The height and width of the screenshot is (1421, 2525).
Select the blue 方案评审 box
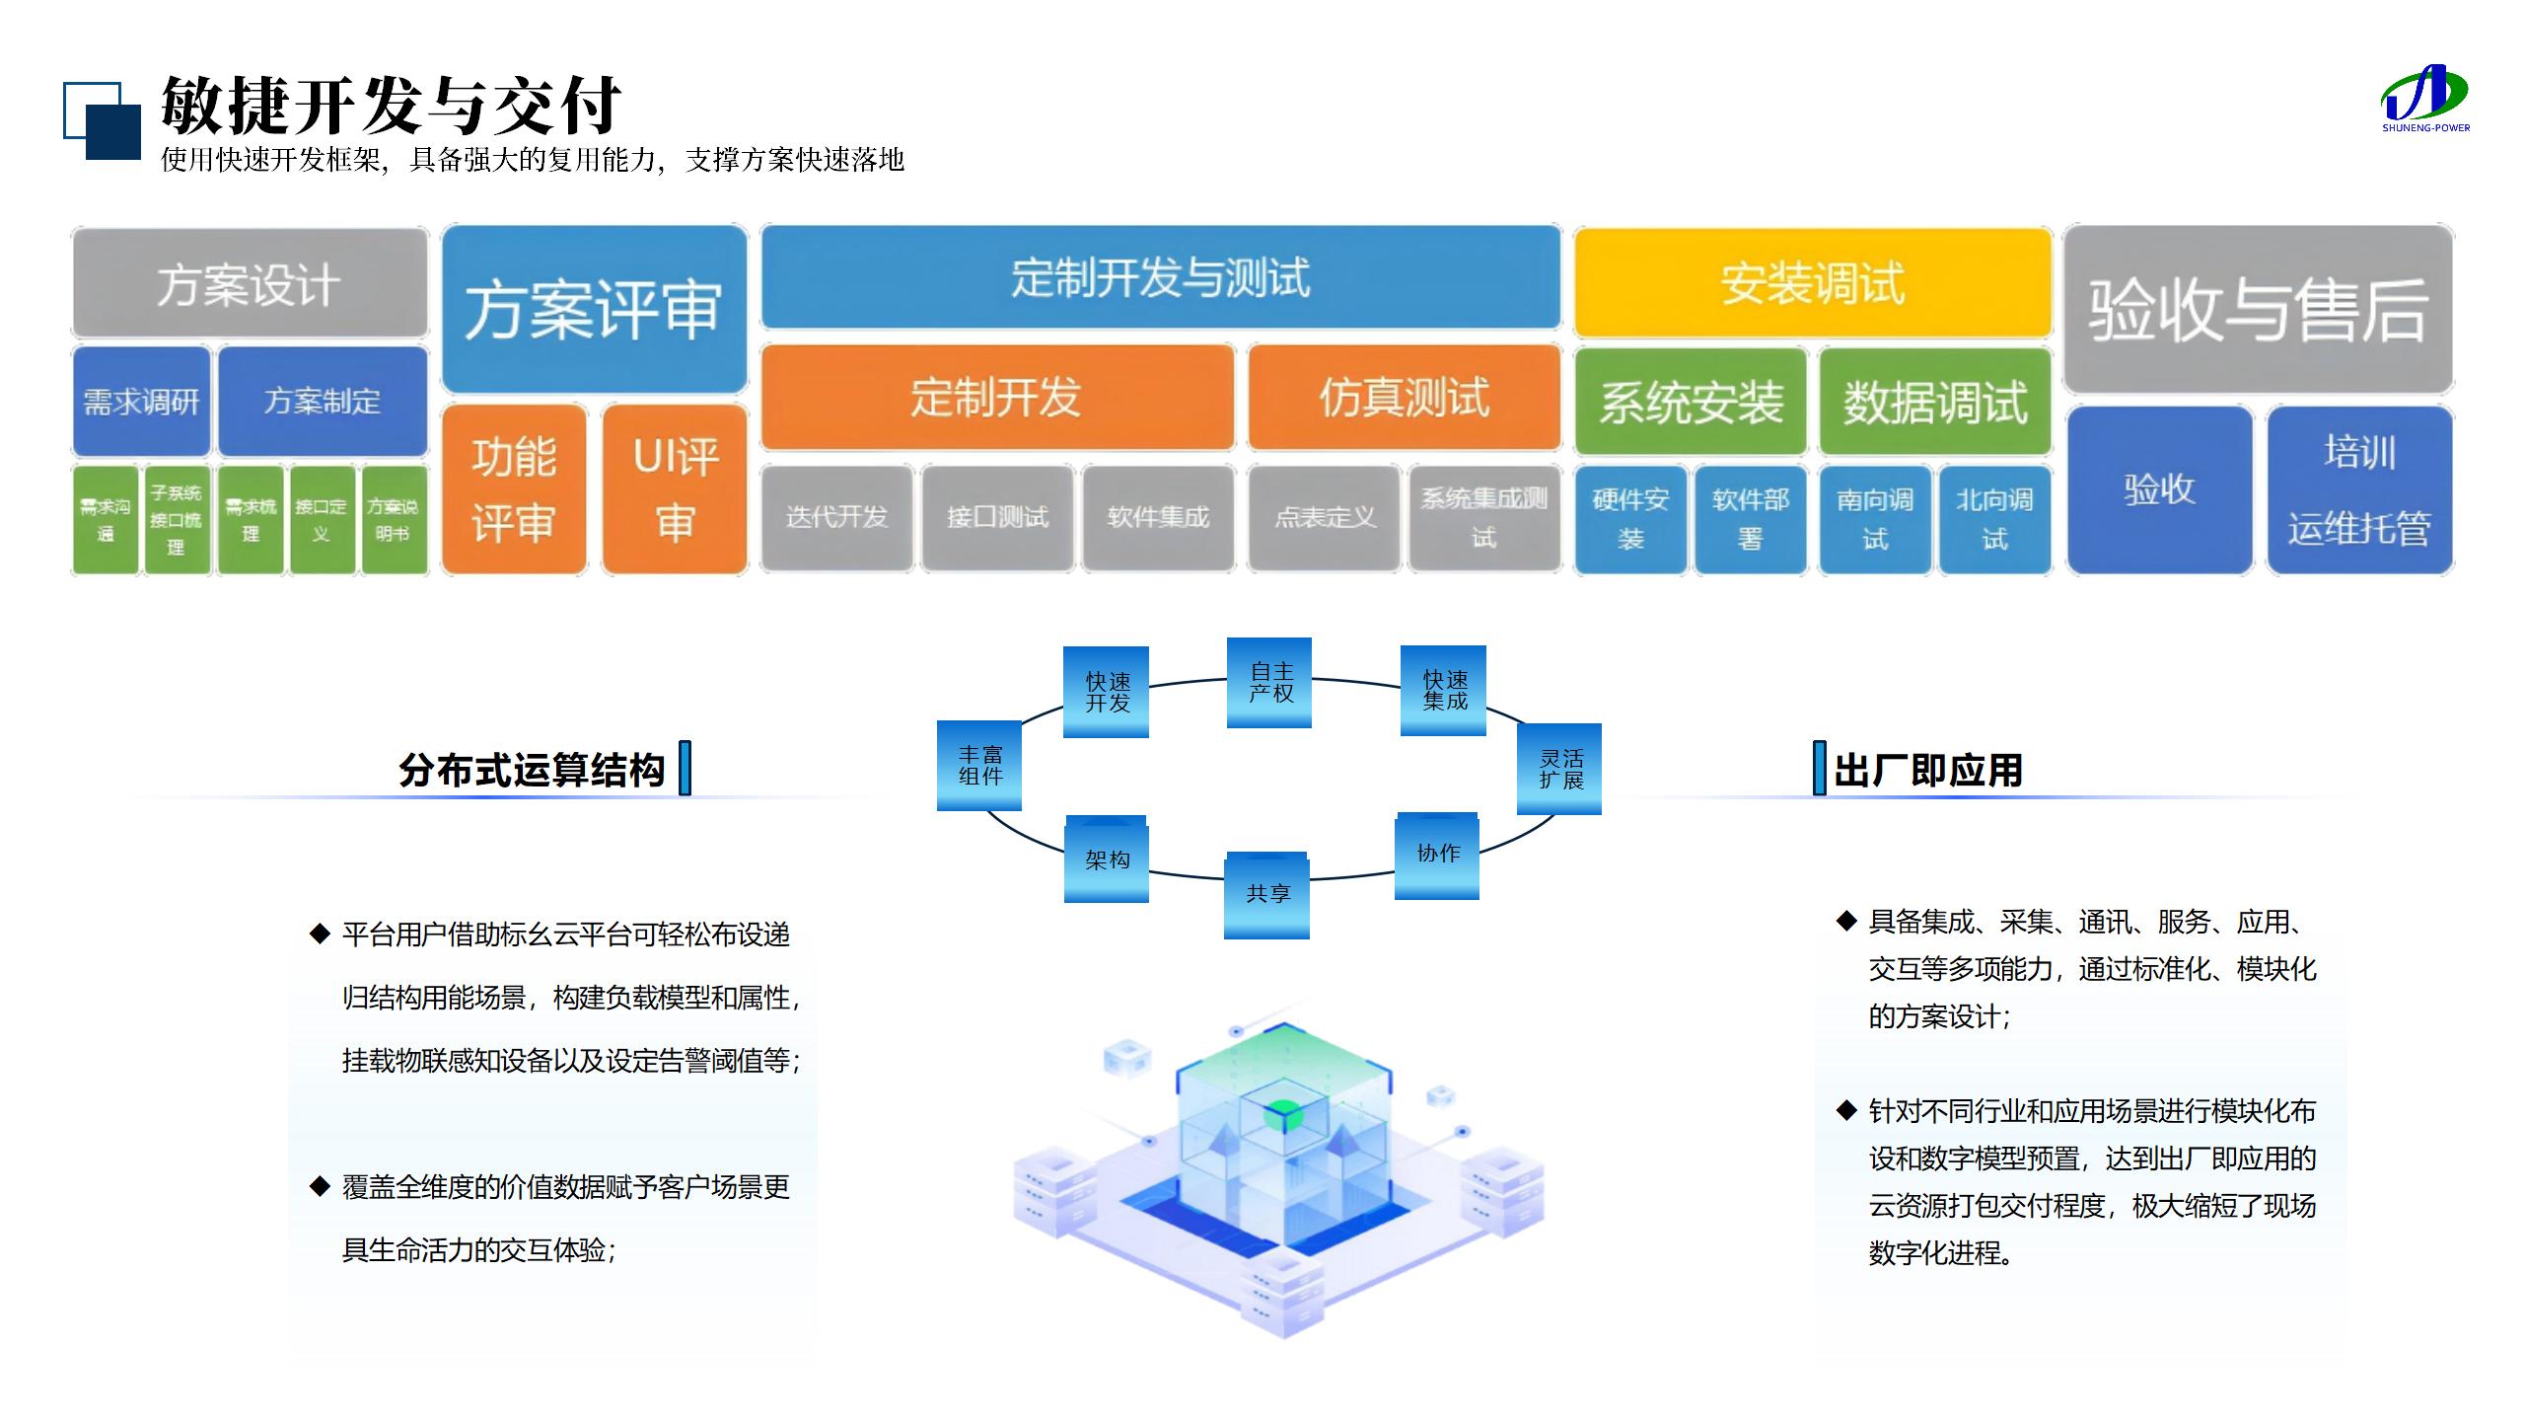point(594,309)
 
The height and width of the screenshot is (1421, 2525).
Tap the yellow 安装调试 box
point(1812,283)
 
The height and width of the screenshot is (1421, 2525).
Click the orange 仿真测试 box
point(1404,398)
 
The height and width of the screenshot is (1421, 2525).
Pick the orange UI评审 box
point(675,489)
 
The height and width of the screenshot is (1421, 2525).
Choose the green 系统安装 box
point(1691,402)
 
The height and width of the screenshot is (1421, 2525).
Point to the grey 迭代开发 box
point(836,517)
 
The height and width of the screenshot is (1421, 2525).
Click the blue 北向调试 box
point(1994,519)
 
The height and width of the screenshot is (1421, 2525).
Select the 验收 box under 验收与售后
point(2159,489)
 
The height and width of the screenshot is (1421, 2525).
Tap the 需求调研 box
point(141,401)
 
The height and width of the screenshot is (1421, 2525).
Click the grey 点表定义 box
point(1324,517)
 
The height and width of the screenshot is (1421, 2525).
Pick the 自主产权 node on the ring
point(1269,683)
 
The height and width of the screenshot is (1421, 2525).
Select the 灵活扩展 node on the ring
point(1559,769)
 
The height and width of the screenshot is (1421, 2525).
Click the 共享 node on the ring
point(1267,894)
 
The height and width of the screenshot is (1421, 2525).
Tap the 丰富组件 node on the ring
point(979,765)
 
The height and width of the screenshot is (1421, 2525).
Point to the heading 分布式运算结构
point(532,771)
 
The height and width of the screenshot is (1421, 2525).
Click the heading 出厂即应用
point(1928,771)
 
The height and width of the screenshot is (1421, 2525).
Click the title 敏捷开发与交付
point(391,105)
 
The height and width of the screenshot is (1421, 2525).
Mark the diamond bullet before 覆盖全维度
point(320,1185)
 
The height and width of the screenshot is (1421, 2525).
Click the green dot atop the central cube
point(1283,1116)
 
